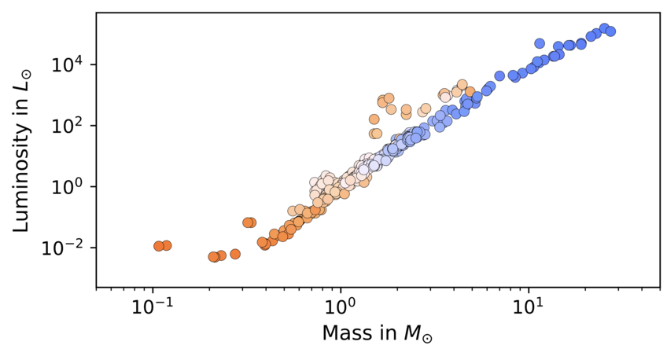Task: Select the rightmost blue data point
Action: point(610,31)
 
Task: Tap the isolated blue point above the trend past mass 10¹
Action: point(540,43)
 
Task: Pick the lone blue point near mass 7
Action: point(499,76)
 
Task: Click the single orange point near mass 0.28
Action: point(234,254)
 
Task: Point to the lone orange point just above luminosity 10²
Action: point(374,119)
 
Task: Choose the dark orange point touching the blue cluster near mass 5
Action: point(470,92)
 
